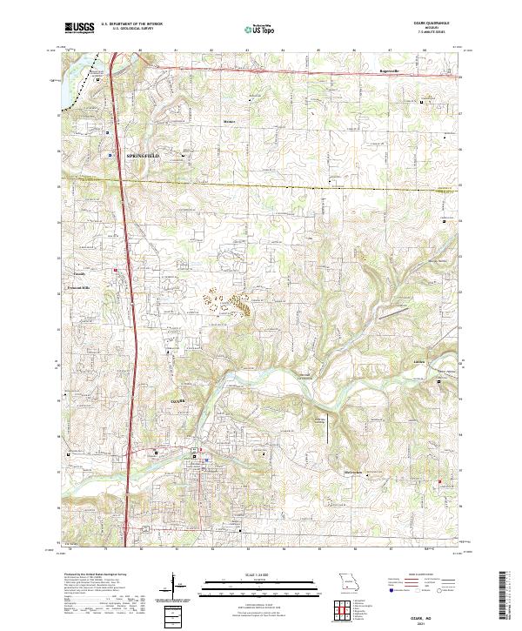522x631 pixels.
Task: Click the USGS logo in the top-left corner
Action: [x=79, y=28]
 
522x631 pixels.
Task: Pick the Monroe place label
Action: [x=230, y=121]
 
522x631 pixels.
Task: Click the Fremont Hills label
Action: [x=79, y=286]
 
